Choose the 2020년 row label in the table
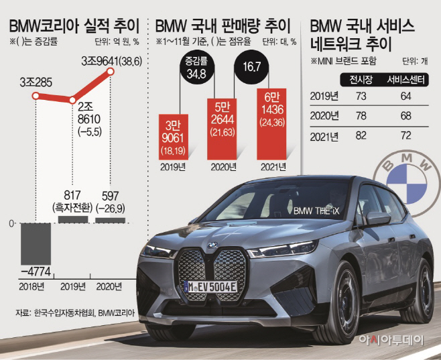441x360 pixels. (x=324, y=117)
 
